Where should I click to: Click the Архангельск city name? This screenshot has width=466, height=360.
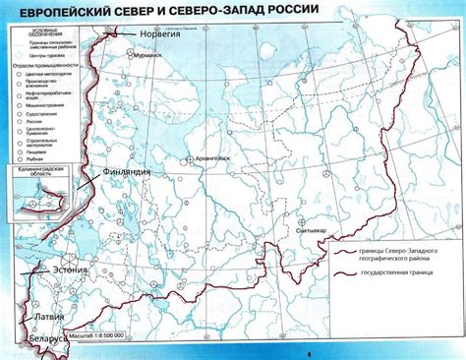click(x=210, y=157)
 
